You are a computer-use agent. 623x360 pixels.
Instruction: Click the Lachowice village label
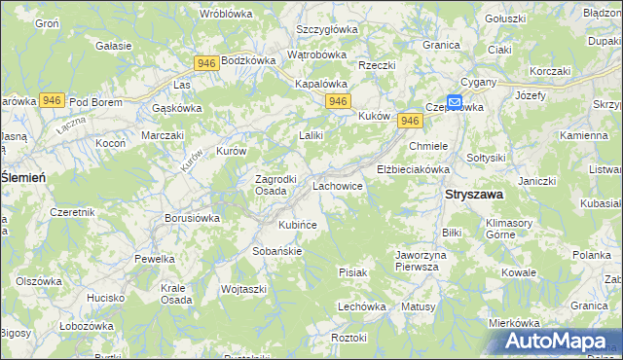tap(338, 184)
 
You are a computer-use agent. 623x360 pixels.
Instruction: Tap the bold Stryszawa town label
tap(473, 195)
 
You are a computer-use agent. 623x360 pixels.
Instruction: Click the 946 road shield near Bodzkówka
tap(205, 63)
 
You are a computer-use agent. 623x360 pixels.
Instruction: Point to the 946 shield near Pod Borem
tap(53, 100)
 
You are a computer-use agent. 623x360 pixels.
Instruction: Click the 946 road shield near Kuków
tap(410, 121)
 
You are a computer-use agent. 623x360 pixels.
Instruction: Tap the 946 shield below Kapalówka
tap(338, 101)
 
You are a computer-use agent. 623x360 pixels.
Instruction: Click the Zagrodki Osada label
tap(257, 185)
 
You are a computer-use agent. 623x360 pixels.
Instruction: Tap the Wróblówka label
tap(226, 14)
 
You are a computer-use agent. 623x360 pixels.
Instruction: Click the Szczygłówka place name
tap(327, 29)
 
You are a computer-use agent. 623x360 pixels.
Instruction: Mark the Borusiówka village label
tap(192, 218)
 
